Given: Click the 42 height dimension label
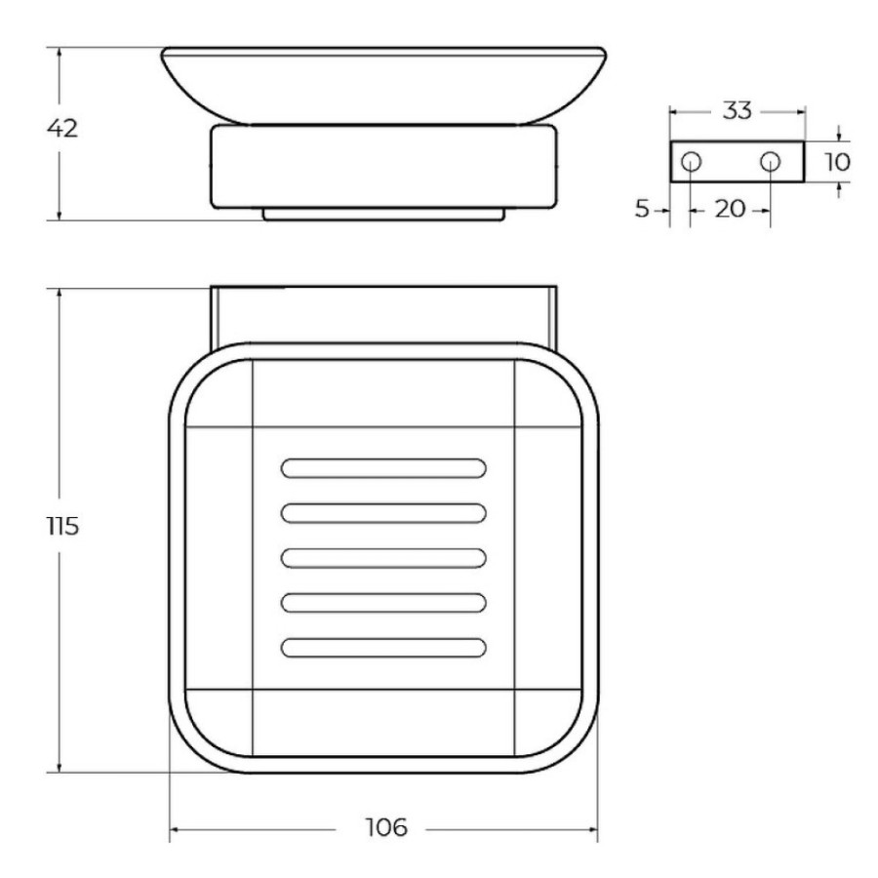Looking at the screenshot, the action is pos(62,129).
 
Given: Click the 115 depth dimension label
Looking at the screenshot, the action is pos(62,527).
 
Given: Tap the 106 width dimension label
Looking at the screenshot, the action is pos(386,827).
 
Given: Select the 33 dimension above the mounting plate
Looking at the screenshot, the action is pos(737,111).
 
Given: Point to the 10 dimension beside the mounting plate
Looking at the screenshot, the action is pos(837,162).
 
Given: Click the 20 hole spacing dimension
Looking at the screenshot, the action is pos(730,210).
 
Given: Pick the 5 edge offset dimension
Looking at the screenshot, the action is pos(642,209).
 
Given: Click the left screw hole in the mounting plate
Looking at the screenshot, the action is pos(691,162).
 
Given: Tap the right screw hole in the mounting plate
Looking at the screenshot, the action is pos(770,162).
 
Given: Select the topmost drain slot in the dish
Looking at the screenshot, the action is pos(383,468).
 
